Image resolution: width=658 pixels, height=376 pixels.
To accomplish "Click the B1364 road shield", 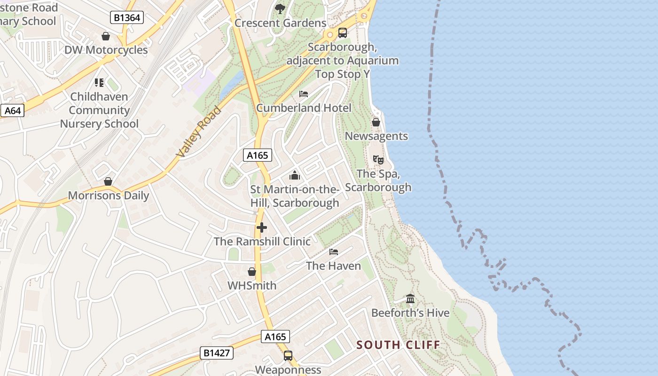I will click(127, 18).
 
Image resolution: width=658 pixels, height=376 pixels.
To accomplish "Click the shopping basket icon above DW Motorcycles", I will click(106, 36).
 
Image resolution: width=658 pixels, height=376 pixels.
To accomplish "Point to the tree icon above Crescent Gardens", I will click(280, 8).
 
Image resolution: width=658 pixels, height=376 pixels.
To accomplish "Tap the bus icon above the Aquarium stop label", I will click(343, 33).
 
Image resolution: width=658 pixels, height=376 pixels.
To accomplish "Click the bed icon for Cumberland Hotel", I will click(304, 94).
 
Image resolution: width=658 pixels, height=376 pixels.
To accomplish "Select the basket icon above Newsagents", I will click(376, 122).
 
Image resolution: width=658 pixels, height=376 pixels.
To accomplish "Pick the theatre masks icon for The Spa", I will click(378, 160).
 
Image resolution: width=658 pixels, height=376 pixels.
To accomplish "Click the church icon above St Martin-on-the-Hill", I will click(295, 175).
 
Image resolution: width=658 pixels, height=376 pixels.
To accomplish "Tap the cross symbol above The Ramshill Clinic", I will click(262, 228).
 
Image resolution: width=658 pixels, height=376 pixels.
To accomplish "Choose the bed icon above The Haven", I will click(334, 252).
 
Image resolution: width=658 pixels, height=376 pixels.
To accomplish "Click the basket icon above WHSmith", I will click(252, 272).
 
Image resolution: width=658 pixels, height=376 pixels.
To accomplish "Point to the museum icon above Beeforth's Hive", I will click(410, 299).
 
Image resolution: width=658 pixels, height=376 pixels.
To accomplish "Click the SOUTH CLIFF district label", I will click(398, 345).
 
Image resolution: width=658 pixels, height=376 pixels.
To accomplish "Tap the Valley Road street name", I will click(198, 132).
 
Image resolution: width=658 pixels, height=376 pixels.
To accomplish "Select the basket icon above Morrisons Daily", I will click(108, 181).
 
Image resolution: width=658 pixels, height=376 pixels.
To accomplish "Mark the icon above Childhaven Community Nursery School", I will click(99, 83).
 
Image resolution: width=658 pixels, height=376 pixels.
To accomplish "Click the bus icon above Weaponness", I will click(288, 356).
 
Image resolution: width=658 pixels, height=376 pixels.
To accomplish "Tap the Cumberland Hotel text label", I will click(304, 108).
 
